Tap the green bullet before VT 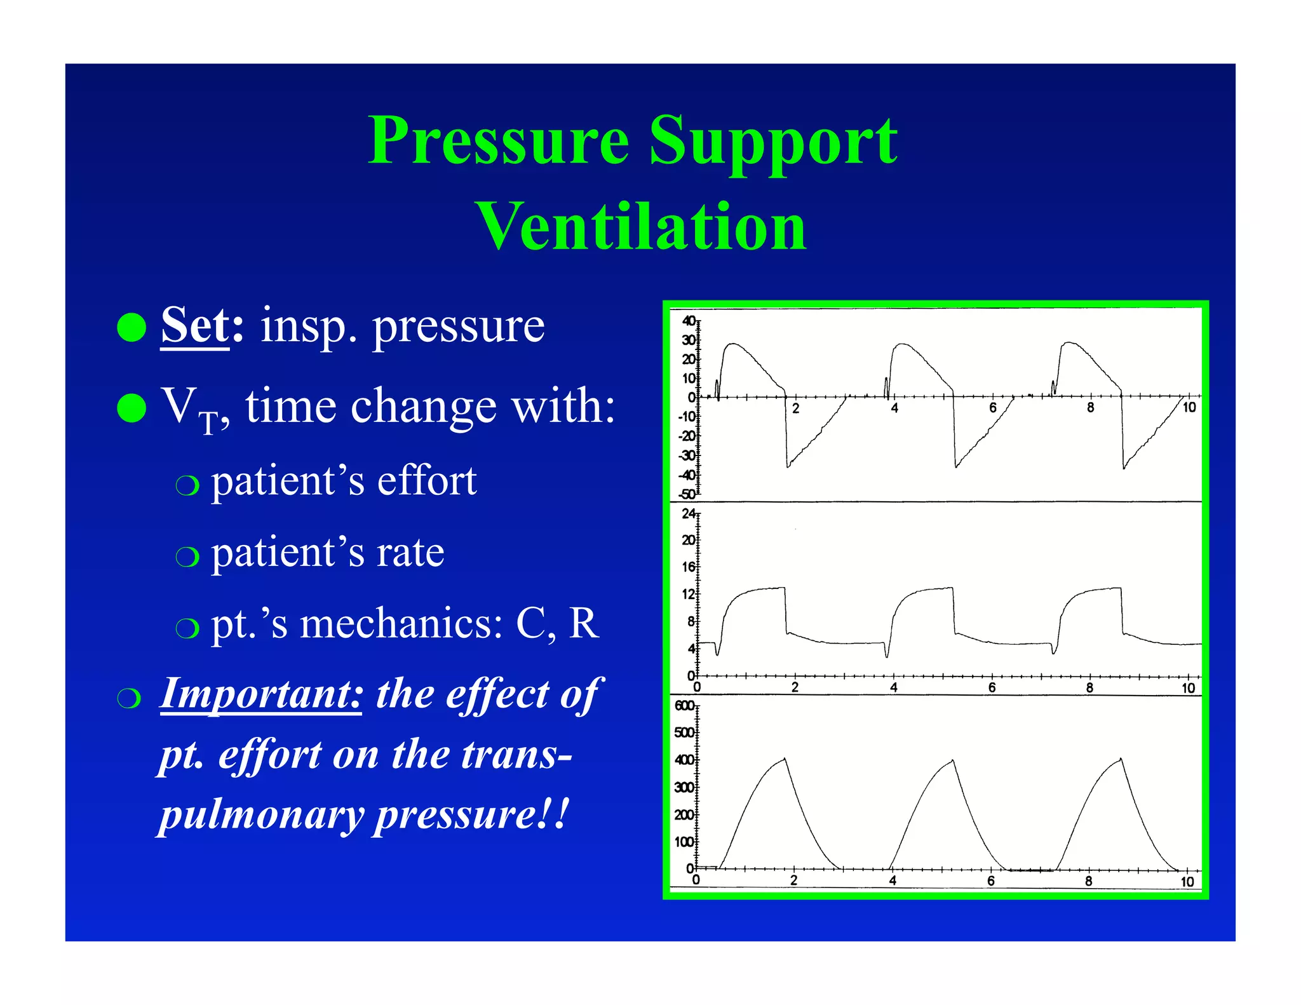pyautogui.click(x=132, y=407)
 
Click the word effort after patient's pyautogui.click(x=426, y=481)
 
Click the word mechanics pyautogui.click(x=401, y=624)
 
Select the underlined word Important pyautogui.click(x=261, y=694)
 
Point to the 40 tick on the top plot pyautogui.click(x=689, y=321)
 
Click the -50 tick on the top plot pyautogui.click(x=687, y=494)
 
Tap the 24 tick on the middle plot pyautogui.click(x=689, y=513)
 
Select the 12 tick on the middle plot pyautogui.click(x=689, y=595)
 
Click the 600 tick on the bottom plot pyautogui.click(x=684, y=706)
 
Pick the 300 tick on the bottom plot pyautogui.click(x=684, y=788)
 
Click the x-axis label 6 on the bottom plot pyautogui.click(x=991, y=881)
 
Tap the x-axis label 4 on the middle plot pyautogui.click(x=893, y=688)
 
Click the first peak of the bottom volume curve pyautogui.click(x=785, y=759)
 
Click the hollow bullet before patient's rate pyautogui.click(x=187, y=556)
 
